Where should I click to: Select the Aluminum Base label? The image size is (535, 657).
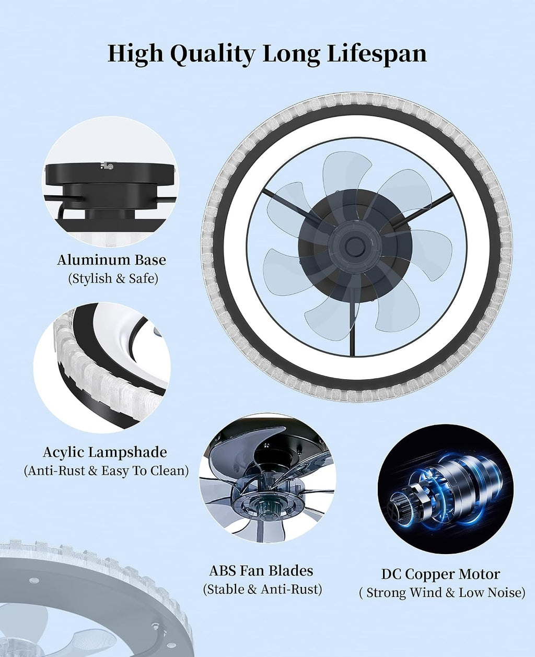112,260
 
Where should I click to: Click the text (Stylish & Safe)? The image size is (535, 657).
113,279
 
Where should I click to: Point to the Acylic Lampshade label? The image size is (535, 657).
105,452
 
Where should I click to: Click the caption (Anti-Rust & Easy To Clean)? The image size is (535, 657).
106,471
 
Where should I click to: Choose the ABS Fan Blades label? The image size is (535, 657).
261,571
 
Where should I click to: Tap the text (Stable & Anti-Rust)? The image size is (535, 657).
262,590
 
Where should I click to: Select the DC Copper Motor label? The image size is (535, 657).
441,574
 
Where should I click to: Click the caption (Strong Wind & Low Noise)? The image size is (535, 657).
443,593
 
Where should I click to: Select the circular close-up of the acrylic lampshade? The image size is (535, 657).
102,368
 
